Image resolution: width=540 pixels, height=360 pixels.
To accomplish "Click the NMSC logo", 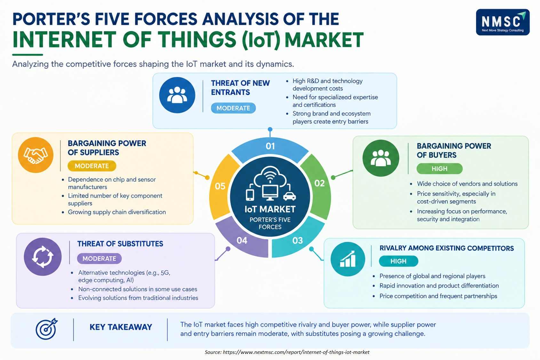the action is tap(503, 22).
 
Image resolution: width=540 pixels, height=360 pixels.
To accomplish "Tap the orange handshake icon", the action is tap(36, 155).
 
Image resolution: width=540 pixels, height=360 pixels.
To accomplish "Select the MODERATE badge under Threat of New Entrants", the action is tap(233, 108).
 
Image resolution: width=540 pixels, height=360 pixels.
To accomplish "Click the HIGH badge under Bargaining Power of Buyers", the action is tap(440, 169).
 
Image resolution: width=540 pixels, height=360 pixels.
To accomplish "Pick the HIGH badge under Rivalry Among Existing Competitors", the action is tap(399, 261).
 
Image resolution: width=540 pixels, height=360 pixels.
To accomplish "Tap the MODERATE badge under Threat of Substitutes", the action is tap(99, 259).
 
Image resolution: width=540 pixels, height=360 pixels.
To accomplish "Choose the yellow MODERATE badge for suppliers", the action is tap(92, 166).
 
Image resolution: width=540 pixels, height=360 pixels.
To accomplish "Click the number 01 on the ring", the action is tap(270, 146).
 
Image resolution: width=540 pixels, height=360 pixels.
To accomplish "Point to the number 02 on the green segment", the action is tap(319, 183).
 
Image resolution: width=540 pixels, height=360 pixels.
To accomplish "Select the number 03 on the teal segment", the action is tap(298, 240).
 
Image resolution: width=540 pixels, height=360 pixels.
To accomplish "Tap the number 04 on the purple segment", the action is tap(242, 240).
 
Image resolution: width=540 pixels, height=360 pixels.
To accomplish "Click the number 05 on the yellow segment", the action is tap(220, 186).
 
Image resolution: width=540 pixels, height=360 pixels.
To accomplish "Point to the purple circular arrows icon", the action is tap(43, 257).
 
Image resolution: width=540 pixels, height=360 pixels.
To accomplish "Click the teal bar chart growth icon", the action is tap(348, 259).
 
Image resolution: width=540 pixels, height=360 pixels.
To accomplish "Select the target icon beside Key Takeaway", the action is tap(46, 329).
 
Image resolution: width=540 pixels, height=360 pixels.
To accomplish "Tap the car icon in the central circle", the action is tap(290, 196).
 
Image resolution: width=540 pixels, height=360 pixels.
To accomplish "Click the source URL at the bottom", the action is tap(287, 352).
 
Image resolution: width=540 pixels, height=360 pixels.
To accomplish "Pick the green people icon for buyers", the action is tap(381, 158).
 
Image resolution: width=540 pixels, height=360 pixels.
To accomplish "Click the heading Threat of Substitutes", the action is tap(120, 244).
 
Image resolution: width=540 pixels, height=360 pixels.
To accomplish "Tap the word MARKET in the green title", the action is tap(324, 40).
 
